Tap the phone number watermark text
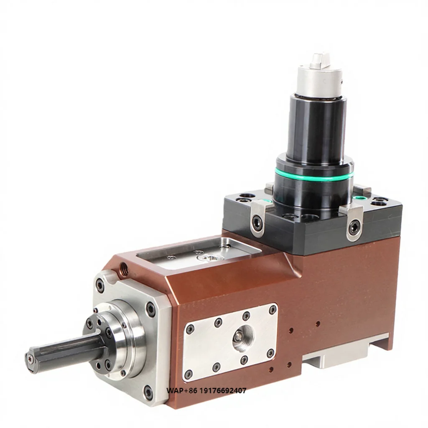click(x=206, y=391)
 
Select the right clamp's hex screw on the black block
click(x=354, y=227)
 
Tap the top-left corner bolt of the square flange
click(x=100, y=286)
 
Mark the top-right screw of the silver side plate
click(x=273, y=310)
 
